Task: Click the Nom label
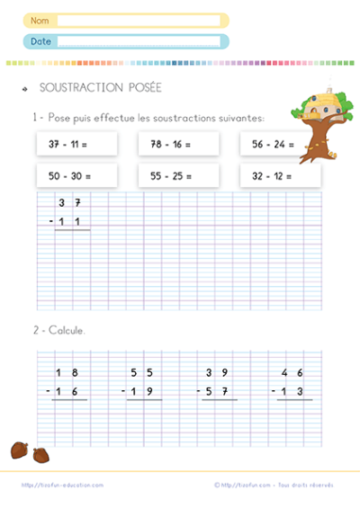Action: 39,20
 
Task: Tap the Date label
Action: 40,41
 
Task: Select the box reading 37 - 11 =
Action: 77,143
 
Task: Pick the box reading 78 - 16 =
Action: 179,143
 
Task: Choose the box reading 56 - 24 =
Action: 280,143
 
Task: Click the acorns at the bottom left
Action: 28,451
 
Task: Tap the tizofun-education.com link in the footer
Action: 62,485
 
